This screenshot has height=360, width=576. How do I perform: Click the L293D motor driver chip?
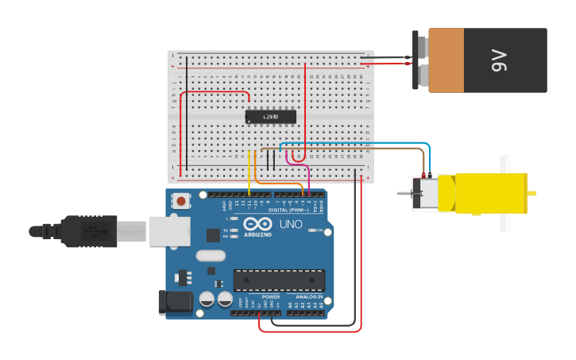click(270, 117)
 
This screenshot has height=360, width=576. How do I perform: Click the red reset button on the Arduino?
click(181, 201)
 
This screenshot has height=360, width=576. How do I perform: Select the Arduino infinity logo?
click(257, 224)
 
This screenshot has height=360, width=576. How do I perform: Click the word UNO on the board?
click(292, 224)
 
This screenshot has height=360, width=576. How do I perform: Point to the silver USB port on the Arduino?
click(169, 231)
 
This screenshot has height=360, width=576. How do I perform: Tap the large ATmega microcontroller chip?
click(278, 281)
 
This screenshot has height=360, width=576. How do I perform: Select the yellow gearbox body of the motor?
click(491, 193)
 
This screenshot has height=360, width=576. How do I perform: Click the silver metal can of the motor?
click(425, 194)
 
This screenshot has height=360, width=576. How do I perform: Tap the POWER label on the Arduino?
click(270, 296)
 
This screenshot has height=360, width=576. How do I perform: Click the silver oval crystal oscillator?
click(210, 256)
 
